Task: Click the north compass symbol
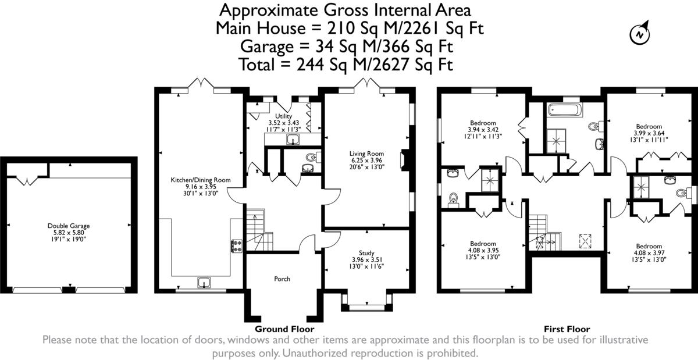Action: coord(640,34)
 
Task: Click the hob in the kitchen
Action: coord(237,245)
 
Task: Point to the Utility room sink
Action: coord(293,140)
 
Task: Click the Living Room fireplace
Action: coord(405,160)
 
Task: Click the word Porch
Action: coord(282,279)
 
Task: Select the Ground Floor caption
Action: coord(284,329)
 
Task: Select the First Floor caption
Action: coord(567,329)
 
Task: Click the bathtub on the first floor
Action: coord(565,110)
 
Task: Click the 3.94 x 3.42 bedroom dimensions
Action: coord(483,130)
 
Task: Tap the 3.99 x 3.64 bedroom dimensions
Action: coord(649,133)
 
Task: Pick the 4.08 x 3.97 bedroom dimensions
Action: coord(649,253)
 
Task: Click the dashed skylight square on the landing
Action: coord(585,241)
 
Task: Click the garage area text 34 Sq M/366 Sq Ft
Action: coord(384,47)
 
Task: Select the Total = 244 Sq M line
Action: coord(346,65)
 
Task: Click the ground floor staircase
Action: coord(259,230)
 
